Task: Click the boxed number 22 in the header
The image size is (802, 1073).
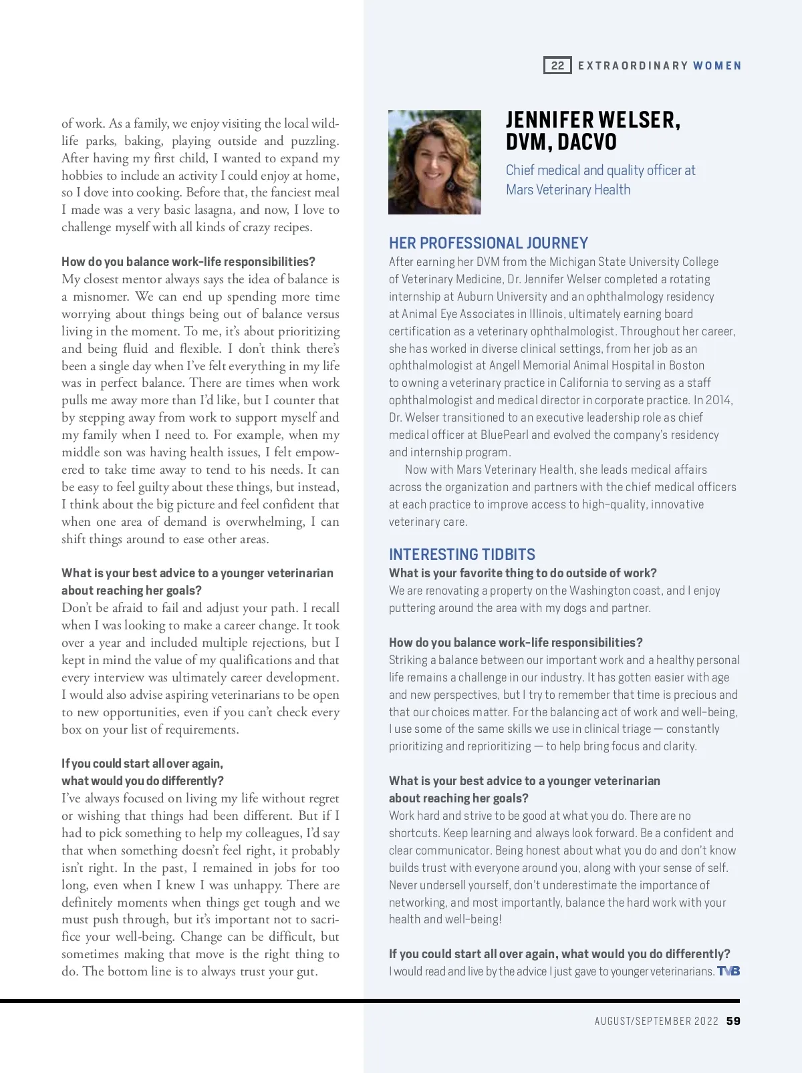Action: pos(557,65)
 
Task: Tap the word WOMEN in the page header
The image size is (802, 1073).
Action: pos(717,65)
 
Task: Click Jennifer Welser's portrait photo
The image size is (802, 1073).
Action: pos(434,162)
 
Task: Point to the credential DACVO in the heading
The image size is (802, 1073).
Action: pos(587,142)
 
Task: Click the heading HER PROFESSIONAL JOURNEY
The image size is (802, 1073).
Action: pos(489,243)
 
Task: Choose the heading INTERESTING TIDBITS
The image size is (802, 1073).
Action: pos(462,555)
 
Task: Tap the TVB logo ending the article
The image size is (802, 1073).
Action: pos(728,971)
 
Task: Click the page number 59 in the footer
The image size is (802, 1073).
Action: pos(733,1021)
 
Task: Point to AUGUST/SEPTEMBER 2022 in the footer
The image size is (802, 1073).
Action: pos(656,1021)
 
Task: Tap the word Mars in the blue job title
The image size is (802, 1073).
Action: pos(519,190)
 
